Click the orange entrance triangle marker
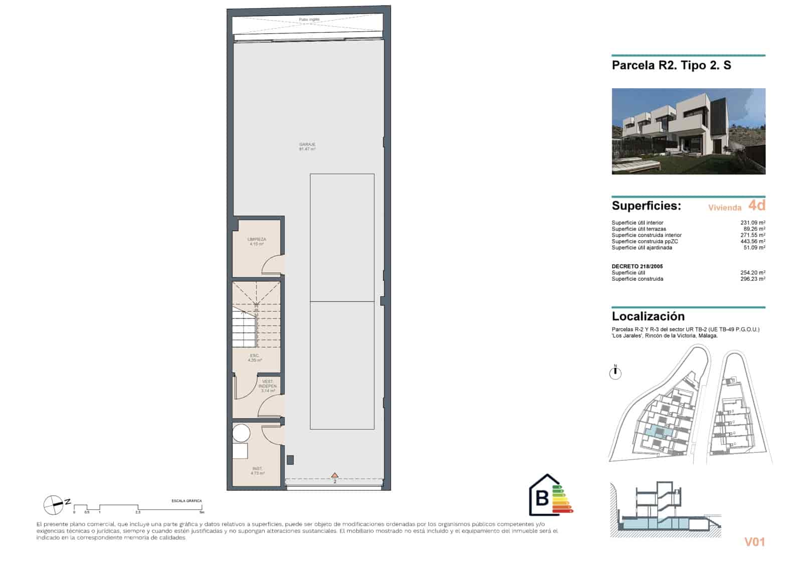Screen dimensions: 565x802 [335, 475]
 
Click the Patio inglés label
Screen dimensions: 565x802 [309, 20]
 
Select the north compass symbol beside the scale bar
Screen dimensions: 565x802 [53, 505]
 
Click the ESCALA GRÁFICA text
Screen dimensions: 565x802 [186, 501]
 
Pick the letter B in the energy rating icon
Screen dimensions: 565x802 [542, 498]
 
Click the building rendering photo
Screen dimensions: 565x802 [688, 131]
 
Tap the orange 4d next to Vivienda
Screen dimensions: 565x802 [756, 206]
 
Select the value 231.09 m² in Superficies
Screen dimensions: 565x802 [752, 223]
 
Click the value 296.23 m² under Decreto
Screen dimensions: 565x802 [752, 279]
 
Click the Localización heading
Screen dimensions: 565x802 [648, 316]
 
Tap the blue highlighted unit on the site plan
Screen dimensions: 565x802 [658, 432]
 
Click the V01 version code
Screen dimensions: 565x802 [754, 542]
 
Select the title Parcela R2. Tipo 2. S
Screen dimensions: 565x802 [671, 66]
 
